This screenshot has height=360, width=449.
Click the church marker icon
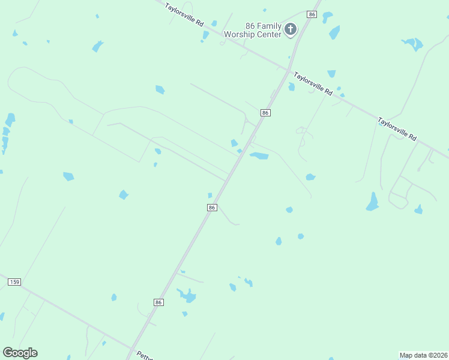291,29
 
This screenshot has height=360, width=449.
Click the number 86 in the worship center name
250,26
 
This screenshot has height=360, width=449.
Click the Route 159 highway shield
15,282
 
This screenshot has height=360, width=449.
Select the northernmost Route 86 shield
311,14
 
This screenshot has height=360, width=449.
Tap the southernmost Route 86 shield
158,302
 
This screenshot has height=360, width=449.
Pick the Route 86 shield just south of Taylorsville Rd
265,113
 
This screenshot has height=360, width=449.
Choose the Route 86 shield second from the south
211,207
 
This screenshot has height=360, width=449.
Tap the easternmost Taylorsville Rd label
397,129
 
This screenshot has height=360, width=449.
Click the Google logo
20,353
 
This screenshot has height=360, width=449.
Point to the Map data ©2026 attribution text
423,355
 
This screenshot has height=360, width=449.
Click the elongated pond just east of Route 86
259,156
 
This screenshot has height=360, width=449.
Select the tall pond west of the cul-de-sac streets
373,202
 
